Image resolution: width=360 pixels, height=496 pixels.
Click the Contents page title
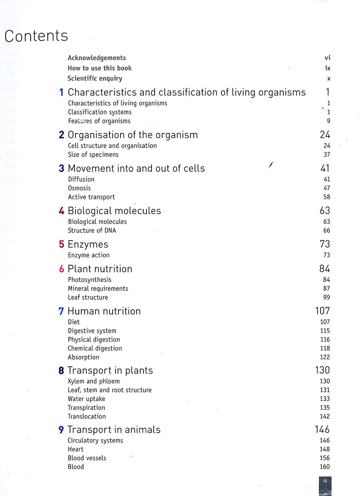point(36,36)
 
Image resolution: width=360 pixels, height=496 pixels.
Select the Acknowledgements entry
point(96,58)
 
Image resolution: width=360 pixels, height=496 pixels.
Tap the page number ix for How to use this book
point(328,68)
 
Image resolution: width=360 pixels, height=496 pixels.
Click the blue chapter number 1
point(62,93)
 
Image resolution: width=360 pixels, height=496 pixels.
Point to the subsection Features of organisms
point(99,121)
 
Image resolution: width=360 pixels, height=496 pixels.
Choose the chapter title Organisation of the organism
point(132,135)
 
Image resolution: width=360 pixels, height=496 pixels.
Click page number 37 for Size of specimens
point(327,155)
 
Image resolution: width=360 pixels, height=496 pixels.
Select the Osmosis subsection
point(79,188)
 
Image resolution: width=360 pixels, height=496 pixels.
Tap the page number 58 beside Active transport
point(327,197)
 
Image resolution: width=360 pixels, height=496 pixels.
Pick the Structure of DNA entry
point(92,231)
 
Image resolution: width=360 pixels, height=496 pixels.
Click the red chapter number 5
point(62,244)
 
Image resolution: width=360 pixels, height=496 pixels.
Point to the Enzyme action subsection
point(89,255)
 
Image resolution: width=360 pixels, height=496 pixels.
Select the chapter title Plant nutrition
point(100,269)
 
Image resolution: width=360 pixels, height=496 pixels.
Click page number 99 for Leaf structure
point(327,297)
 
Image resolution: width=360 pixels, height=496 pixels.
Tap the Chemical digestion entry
point(95,348)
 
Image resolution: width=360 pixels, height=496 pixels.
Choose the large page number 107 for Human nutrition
point(322,311)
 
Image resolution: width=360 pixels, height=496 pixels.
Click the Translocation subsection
point(86,416)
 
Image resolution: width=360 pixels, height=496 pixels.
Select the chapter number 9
point(61,430)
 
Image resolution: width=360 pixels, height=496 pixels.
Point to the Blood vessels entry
point(87,458)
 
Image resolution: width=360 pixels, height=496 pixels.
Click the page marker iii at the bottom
point(325,481)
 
